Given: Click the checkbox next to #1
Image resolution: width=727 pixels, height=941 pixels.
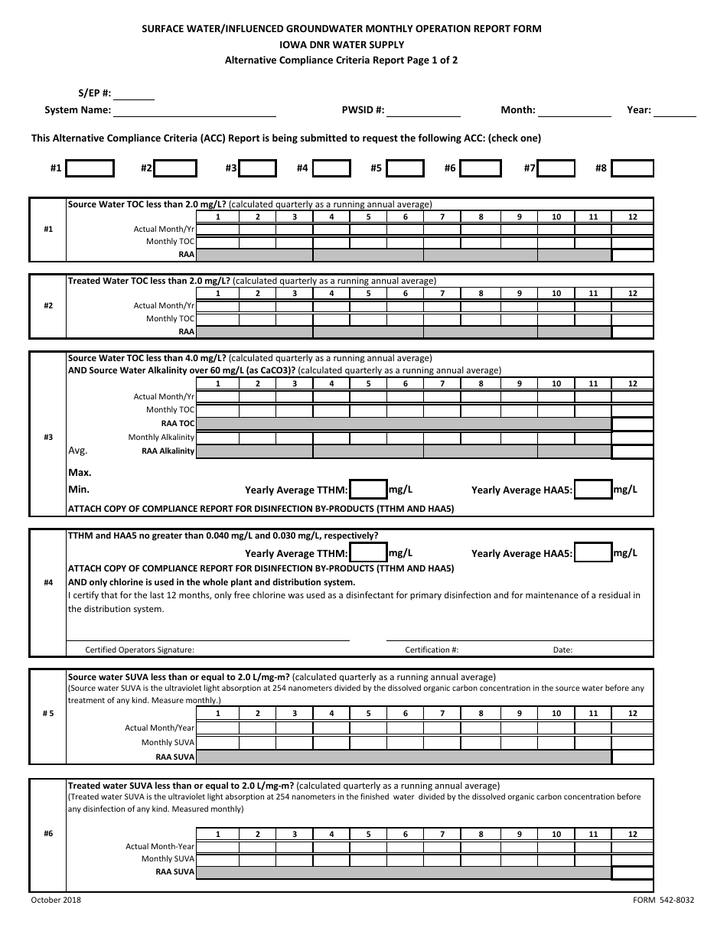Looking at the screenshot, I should click(90, 168).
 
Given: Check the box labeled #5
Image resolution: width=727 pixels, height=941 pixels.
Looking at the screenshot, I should click(405, 168).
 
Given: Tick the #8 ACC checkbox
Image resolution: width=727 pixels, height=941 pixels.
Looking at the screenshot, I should click(633, 168).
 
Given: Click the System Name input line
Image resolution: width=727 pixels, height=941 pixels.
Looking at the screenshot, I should click(194, 111).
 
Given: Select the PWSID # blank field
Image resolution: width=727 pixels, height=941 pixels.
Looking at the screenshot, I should click(423, 111).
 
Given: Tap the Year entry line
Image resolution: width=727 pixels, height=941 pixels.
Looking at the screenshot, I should click(676, 111).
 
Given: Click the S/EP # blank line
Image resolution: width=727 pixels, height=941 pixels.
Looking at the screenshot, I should click(134, 94).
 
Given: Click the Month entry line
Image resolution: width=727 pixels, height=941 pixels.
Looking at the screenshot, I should click(575, 111).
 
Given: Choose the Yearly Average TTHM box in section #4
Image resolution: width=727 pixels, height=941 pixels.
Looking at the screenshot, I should click(368, 553).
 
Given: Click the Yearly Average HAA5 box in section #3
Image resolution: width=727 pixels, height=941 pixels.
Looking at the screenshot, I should click(593, 490).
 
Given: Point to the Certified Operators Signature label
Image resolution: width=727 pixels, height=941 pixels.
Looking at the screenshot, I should click(140, 650).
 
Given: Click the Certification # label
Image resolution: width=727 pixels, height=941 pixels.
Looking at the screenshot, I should click(432, 650).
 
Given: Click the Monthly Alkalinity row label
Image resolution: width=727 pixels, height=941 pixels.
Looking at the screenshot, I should click(161, 438).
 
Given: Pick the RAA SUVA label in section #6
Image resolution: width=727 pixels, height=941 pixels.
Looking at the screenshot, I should click(175, 871).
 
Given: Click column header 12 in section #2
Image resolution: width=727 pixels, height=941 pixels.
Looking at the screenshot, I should click(632, 294).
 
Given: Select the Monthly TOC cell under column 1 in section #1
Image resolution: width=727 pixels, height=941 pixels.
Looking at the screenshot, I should click(217, 242).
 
